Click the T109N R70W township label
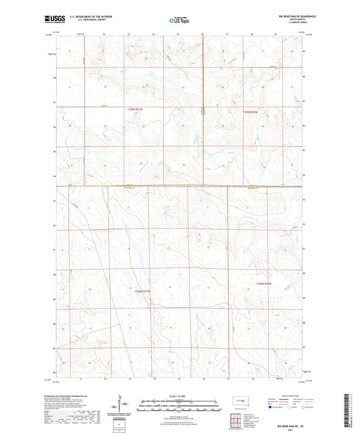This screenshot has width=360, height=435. click(251, 109)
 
